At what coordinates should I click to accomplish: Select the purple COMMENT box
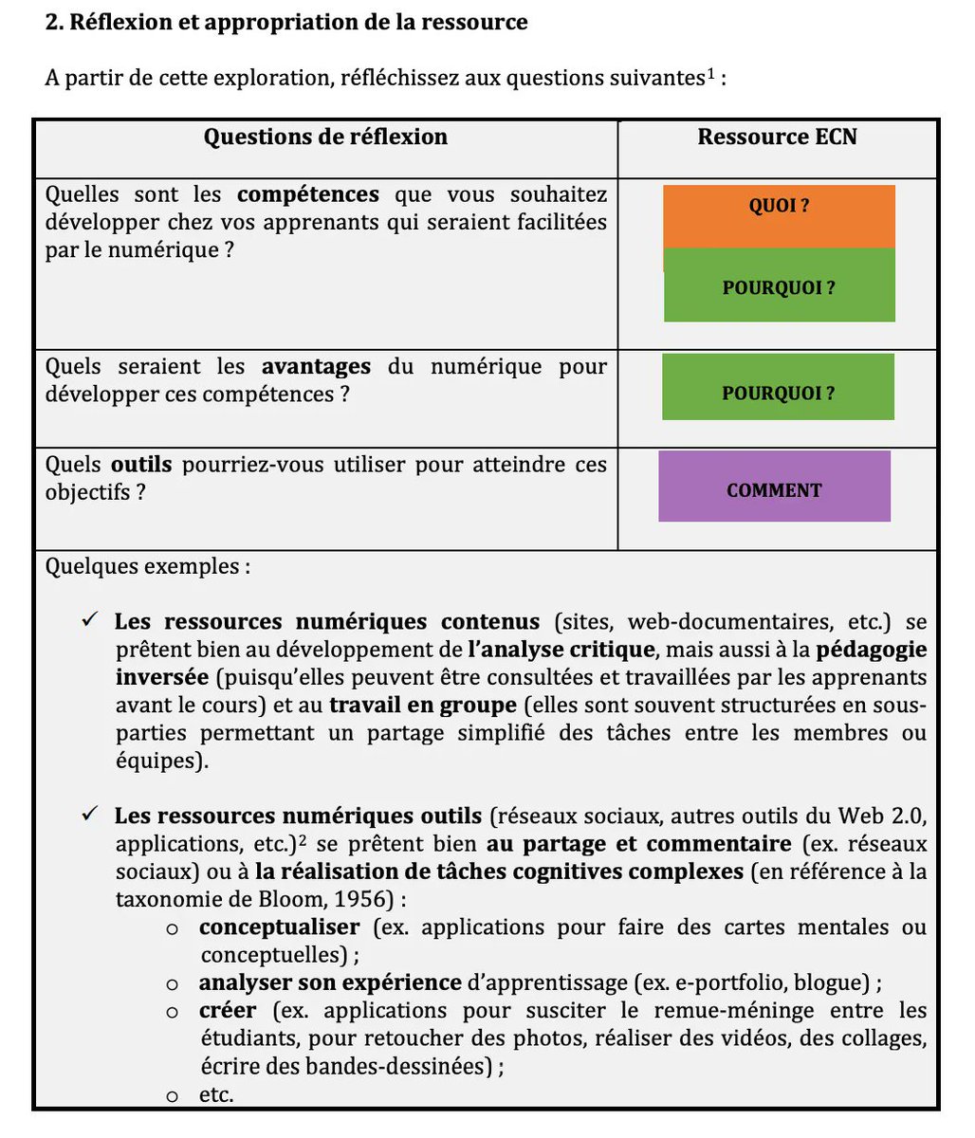[774, 486]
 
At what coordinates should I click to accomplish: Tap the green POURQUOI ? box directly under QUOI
[779, 286]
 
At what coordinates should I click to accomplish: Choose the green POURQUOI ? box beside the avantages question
[778, 388]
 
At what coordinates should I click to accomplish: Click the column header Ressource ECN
[777, 138]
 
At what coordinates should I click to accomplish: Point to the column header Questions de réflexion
[325, 138]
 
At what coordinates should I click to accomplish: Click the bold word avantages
[317, 367]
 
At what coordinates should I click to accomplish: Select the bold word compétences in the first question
[307, 195]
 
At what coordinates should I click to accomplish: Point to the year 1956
[368, 899]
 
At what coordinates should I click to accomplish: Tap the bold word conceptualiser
[280, 927]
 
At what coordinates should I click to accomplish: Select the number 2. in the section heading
[54, 22]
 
